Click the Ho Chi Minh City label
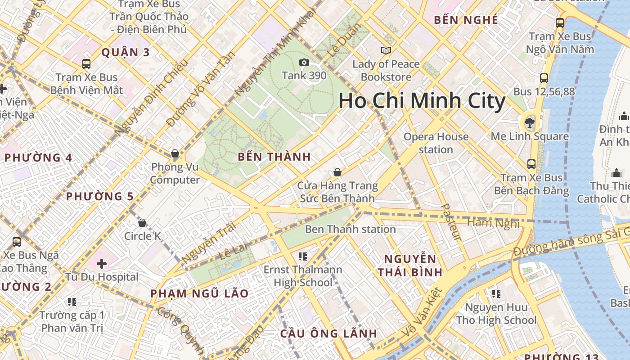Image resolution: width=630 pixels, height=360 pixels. [x=422, y=100]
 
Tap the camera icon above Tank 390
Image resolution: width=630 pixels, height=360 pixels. [x=304, y=62]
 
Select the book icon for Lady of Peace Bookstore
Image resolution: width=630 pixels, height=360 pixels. [x=386, y=50]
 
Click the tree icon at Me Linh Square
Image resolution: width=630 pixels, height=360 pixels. [x=530, y=122]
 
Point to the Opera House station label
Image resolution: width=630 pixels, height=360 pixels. [x=436, y=143]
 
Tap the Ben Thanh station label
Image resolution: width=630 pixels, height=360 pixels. [x=350, y=229]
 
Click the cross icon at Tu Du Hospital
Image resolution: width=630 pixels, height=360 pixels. [x=102, y=263]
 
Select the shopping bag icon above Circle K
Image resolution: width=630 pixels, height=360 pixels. [x=142, y=222]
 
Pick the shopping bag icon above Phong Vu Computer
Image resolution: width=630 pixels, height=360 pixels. [x=175, y=153]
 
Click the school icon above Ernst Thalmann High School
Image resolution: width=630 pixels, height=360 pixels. [x=303, y=256]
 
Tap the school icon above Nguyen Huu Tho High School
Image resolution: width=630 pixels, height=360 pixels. [x=496, y=294]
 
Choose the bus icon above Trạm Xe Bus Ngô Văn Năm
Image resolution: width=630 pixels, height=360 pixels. [x=559, y=22]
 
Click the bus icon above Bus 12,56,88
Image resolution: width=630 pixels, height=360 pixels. [x=544, y=78]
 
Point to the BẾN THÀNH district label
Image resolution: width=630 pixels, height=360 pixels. [x=274, y=157]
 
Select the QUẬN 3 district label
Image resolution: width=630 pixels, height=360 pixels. [x=126, y=52]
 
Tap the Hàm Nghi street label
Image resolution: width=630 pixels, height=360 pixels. [x=493, y=223]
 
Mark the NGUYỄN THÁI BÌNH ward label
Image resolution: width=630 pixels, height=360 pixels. [x=410, y=265]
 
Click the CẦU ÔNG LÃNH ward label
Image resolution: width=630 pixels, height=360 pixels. [x=328, y=333]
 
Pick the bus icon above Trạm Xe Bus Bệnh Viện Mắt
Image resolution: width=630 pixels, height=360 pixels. [x=86, y=64]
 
